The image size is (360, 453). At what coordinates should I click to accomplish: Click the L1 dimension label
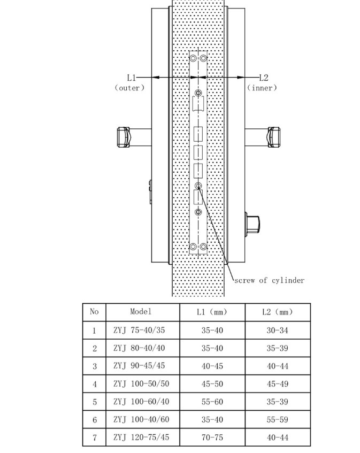click(132, 78)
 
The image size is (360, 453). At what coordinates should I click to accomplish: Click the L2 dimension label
click(264, 78)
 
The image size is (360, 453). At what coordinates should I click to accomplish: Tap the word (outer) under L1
click(129, 88)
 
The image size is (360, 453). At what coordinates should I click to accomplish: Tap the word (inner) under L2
click(262, 88)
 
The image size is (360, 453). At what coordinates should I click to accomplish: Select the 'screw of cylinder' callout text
click(269, 280)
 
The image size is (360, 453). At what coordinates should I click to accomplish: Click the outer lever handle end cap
click(124, 137)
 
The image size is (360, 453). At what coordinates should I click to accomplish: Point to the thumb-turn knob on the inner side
click(252, 222)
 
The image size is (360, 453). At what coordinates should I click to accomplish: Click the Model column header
click(141, 311)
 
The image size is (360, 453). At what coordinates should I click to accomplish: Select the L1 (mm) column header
click(212, 312)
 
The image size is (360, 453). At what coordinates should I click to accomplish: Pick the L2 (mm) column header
click(278, 312)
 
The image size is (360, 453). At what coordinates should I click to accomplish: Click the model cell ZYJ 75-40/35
click(139, 330)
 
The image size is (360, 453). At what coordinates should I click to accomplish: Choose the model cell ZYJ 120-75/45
click(141, 437)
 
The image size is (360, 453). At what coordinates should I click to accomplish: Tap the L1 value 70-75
click(212, 437)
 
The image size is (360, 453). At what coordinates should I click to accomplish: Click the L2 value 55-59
click(278, 419)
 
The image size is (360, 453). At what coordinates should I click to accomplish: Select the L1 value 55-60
click(212, 402)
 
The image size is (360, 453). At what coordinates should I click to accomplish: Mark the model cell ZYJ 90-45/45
click(139, 366)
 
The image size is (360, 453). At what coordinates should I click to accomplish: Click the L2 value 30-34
click(278, 330)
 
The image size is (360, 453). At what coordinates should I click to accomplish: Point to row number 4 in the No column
click(95, 384)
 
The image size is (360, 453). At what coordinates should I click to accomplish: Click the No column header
click(94, 311)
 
